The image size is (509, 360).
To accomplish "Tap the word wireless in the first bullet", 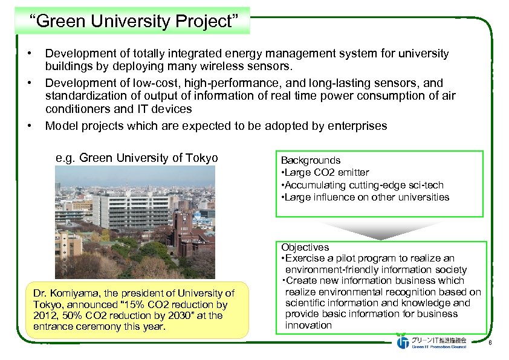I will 238,65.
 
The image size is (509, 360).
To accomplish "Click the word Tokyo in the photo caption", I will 203,158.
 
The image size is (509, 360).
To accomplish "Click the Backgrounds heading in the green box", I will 310,160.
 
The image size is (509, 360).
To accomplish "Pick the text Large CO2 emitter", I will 326,173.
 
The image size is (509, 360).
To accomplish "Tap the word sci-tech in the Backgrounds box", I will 425,185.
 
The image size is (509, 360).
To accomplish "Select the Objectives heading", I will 305,247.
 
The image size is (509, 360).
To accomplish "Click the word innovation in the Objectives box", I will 308,325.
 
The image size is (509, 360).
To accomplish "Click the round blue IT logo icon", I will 403,342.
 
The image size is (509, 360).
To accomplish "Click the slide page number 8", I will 489,344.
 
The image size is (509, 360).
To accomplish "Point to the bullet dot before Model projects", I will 30,126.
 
